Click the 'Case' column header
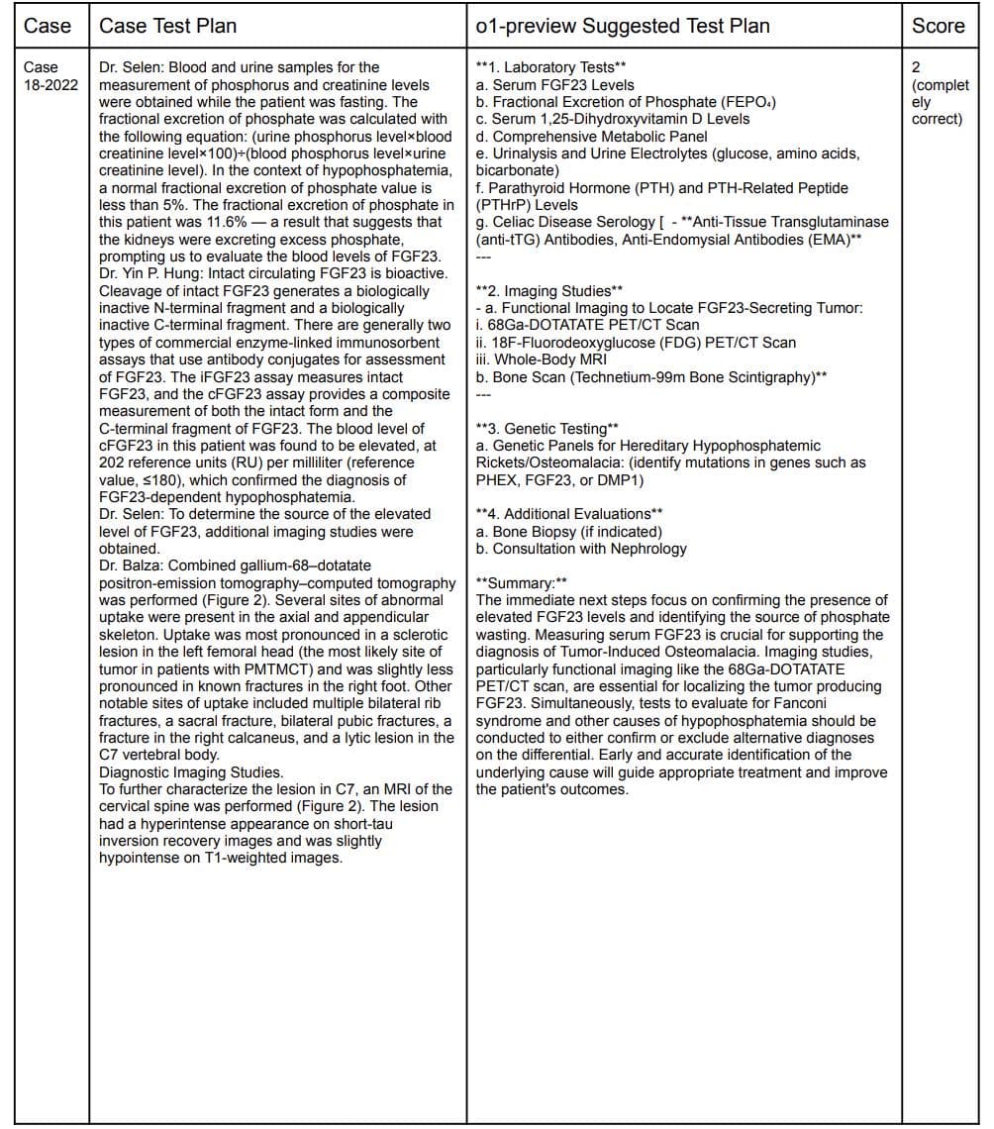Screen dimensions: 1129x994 pos(48,27)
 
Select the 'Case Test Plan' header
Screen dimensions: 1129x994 pos(167,27)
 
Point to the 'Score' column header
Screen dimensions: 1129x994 pos(938,27)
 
